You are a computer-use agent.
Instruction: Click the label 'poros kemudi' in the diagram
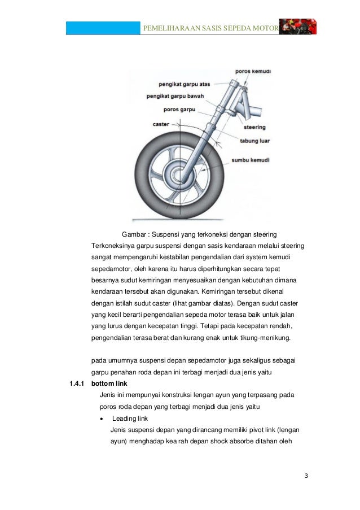click(254, 72)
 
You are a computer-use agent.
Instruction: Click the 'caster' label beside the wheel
click(161, 124)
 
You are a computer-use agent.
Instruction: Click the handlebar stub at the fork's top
click(259, 109)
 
